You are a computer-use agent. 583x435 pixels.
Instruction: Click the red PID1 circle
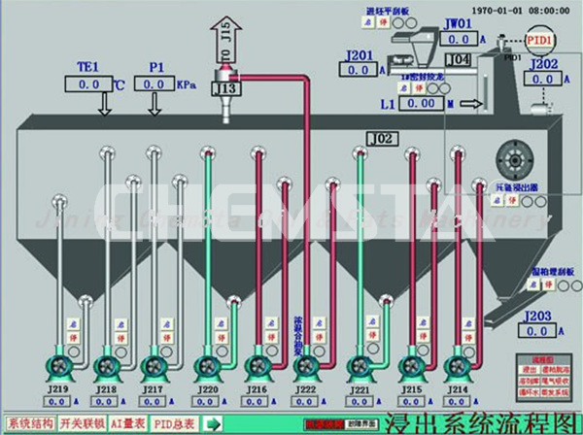point(540,42)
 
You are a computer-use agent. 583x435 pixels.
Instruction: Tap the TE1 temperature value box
point(86,85)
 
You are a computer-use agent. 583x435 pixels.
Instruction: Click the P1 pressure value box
point(154,85)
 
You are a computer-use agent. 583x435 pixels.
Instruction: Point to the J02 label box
point(381,140)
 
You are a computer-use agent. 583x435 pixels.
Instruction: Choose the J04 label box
point(462,60)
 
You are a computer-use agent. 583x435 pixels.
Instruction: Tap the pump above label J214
point(460,367)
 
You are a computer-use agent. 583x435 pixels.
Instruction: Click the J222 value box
point(306,401)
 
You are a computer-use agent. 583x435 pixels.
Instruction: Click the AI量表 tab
point(127,423)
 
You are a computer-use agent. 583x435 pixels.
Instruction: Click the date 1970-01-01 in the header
point(478,7)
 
